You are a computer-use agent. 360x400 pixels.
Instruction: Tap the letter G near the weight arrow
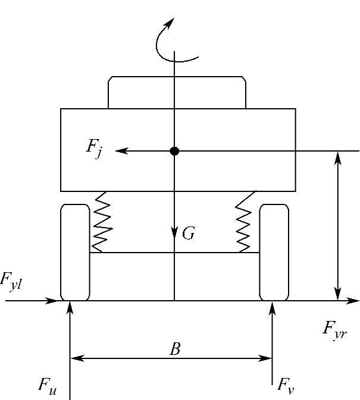(188, 234)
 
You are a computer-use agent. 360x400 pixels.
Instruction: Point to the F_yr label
(335, 329)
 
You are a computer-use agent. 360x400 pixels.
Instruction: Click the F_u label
(48, 385)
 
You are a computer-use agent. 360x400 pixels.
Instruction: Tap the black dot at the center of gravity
(174, 151)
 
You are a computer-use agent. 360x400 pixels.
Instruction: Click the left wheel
(75, 252)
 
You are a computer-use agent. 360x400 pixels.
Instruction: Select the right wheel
(274, 252)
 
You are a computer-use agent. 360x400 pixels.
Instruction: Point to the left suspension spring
(103, 221)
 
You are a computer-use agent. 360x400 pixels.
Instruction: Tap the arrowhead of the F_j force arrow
(120, 151)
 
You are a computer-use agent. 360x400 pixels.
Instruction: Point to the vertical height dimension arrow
(338, 226)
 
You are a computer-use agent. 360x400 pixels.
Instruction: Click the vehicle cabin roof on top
(177, 92)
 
